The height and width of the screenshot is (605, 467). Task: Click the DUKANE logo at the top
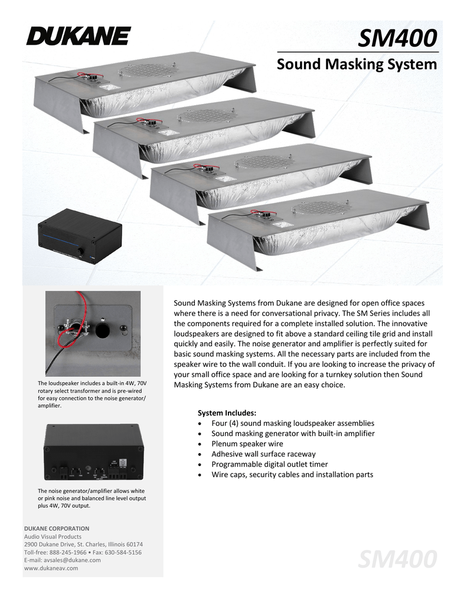click(77, 36)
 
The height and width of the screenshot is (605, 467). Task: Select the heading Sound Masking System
click(357, 64)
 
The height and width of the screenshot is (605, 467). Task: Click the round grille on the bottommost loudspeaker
click(323, 208)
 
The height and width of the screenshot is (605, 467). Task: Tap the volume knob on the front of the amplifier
click(80, 252)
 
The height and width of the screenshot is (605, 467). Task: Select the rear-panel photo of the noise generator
click(93, 452)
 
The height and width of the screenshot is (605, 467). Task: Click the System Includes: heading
click(227, 412)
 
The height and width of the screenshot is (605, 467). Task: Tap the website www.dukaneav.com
click(51, 568)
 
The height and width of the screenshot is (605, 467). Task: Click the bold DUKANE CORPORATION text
click(57, 528)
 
